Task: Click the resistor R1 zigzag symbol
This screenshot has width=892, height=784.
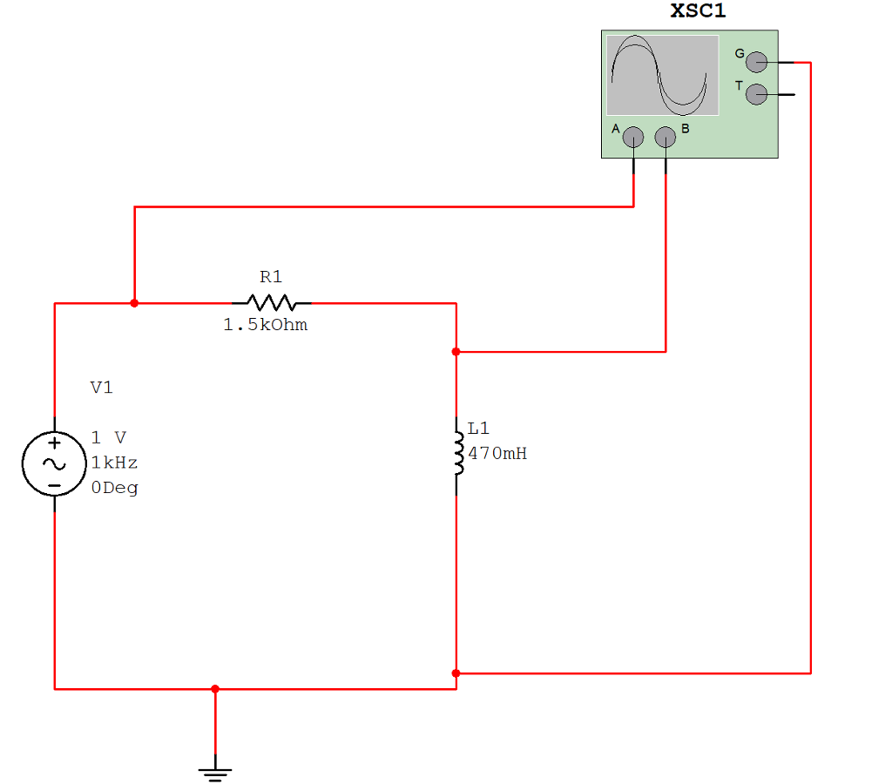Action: [272, 303]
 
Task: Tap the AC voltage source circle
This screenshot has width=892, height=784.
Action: [54, 463]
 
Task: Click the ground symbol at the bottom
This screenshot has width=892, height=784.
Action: [215, 772]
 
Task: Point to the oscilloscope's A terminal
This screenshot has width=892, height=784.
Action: [633, 137]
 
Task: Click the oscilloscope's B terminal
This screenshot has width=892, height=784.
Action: [666, 137]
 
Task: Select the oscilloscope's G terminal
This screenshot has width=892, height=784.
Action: [757, 62]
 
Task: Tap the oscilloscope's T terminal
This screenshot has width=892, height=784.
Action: [757, 93]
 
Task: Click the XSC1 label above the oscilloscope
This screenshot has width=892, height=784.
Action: [698, 12]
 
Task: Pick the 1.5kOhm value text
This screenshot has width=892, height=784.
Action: [265, 326]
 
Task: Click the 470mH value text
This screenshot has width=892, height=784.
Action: [497, 454]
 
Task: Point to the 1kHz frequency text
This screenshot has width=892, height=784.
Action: [114, 463]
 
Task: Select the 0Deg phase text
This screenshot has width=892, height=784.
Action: [114, 488]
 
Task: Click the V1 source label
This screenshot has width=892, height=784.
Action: [102, 388]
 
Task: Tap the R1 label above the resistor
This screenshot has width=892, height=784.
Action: [271, 277]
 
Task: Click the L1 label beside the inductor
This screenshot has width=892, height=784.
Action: [479, 429]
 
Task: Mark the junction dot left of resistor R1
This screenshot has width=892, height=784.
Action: [133, 303]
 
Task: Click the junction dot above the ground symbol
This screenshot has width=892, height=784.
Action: [215, 689]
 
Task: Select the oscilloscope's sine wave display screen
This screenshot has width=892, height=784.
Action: [662, 76]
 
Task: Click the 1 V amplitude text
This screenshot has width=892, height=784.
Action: [109, 437]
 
